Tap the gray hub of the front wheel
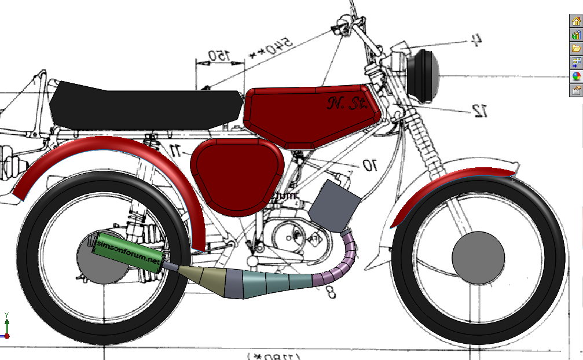[x=478, y=258]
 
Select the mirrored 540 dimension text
[x=272, y=47]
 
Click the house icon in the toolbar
[x=576, y=21]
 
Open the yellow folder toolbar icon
[x=576, y=49]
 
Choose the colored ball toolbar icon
[x=576, y=76]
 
